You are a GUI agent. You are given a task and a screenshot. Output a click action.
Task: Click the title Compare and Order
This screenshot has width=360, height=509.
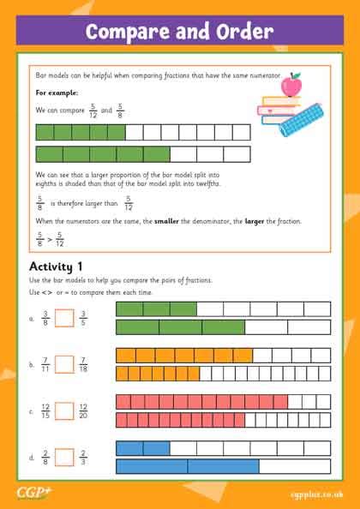pos(180,33)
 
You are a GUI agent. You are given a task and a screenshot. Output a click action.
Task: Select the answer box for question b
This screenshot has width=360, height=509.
pos(64,364)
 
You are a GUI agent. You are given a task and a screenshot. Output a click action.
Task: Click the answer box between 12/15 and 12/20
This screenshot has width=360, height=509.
pos(64,410)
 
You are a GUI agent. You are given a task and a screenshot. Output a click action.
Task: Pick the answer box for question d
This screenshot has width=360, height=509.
pos(64,457)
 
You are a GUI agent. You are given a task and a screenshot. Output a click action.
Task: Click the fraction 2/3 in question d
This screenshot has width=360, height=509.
pos(83,457)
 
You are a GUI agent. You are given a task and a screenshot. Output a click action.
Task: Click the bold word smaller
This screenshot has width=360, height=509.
pos(165,221)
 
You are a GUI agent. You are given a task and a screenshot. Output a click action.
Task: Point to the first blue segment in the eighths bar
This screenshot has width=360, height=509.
pos(129,447)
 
